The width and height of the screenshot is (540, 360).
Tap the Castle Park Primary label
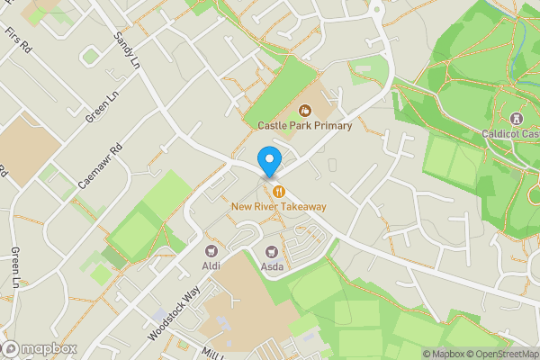[304, 126]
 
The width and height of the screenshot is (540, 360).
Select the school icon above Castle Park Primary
[304, 111]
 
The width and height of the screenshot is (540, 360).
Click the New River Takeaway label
[278, 207]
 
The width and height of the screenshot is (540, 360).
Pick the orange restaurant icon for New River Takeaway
[279, 191]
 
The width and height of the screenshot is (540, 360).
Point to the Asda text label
[273, 266]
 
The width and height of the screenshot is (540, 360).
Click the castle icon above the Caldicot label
[517, 119]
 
